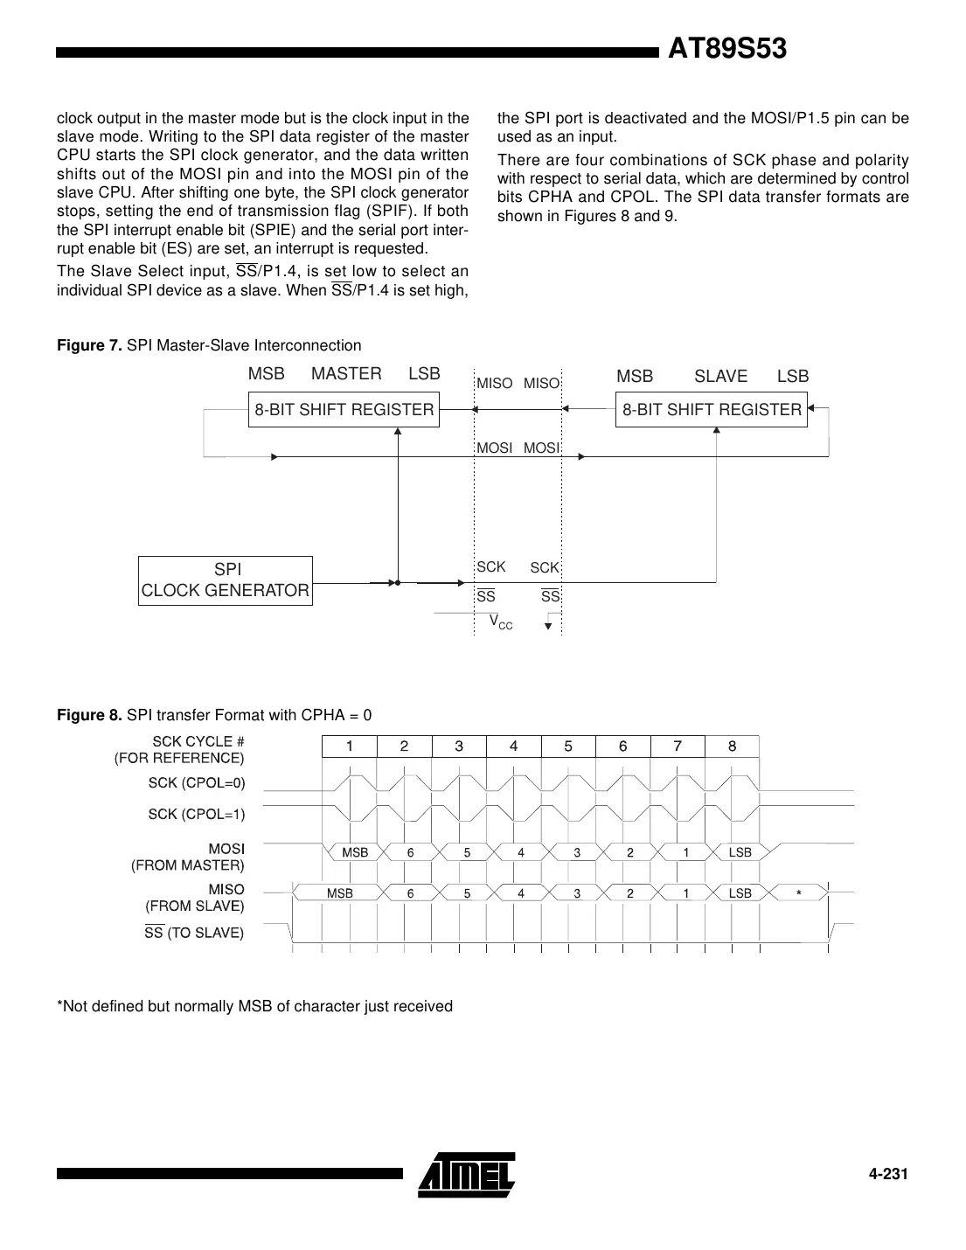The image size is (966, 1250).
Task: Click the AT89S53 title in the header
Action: pos(726,50)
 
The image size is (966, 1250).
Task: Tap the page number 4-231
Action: pos(888,1174)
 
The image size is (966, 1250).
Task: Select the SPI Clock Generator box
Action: pos(226,580)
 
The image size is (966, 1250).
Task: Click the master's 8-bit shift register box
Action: pos(344,409)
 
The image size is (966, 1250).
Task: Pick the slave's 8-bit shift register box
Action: pos(711,409)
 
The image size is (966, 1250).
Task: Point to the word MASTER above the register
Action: pos(346,374)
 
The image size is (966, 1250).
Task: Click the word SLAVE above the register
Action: pos(720,376)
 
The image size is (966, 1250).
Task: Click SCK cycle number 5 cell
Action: pos(568,746)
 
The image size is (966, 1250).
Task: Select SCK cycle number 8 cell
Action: pos(732,746)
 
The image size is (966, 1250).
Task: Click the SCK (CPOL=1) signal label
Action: pos(197,814)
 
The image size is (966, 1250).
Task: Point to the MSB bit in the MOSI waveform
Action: pos(354,852)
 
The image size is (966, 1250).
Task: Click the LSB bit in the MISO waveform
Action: pos(740,893)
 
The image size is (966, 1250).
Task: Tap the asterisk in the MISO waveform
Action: pos(798,893)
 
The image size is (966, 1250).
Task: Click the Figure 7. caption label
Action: pos(89,345)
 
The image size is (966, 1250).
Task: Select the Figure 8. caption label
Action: pos(89,715)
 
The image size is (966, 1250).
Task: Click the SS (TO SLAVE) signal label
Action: pos(194,933)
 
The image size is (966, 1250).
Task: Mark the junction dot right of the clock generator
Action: pos(398,582)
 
